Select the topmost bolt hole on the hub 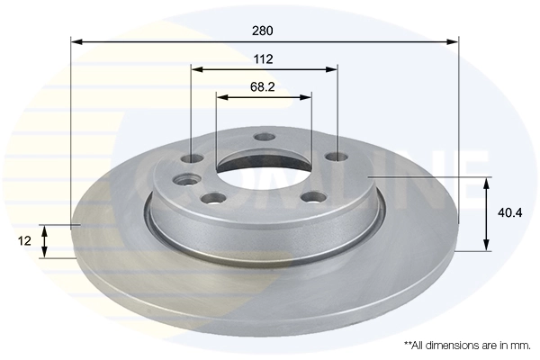click(x=264, y=137)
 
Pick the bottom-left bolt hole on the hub click(x=213, y=198)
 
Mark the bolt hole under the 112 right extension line click(x=335, y=157)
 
